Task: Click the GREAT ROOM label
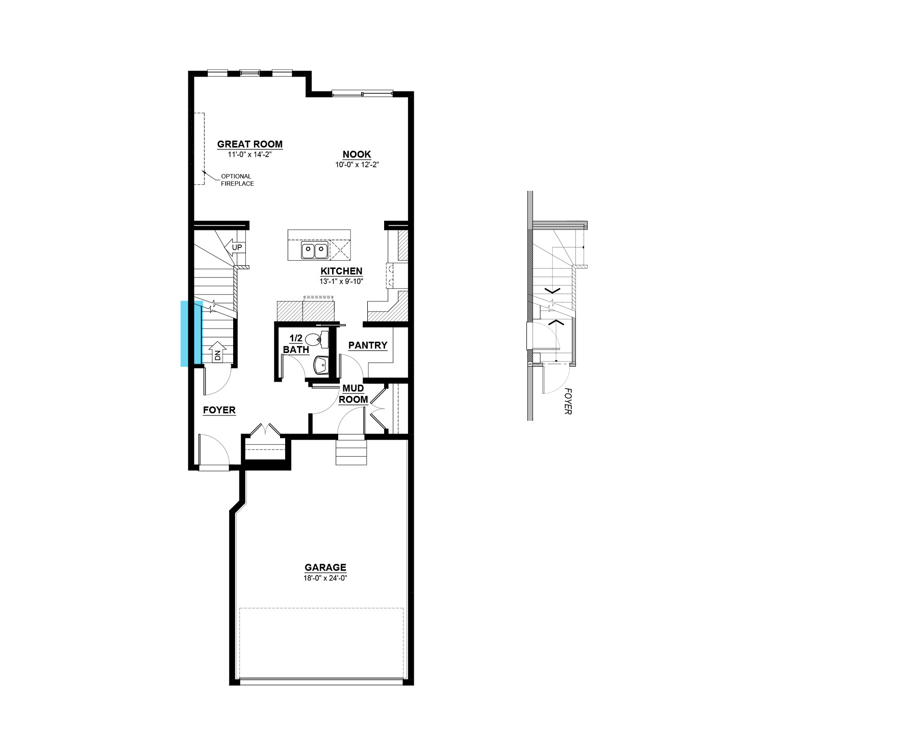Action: click(250, 144)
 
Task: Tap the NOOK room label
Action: click(357, 155)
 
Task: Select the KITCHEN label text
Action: click(341, 271)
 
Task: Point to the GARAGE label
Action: click(325, 567)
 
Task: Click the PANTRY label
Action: click(368, 345)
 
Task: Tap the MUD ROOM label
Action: click(353, 394)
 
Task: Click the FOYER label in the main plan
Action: click(219, 410)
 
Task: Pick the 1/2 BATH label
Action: click(296, 344)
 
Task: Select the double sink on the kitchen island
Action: click(314, 251)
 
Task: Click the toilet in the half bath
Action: click(317, 338)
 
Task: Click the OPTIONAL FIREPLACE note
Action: click(237, 180)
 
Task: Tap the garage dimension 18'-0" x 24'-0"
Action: click(325, 578)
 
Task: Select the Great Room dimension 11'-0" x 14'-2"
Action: click(250, 154)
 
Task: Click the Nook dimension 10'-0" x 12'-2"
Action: click(357, 165)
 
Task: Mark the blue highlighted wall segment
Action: click(191, 334)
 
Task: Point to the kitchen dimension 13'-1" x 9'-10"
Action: click(341, 281)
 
